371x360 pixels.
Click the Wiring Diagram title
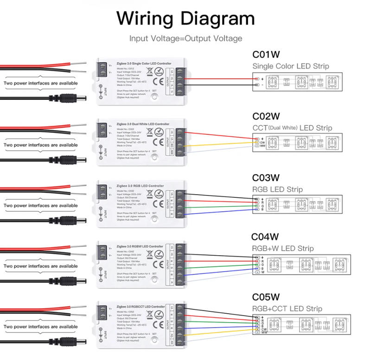[x=185, y=19]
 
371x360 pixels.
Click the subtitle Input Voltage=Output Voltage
[x=185, y=38]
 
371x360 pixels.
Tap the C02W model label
[x=266, y=116]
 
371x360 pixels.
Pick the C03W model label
[x=266, y=177]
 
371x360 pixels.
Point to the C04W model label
[x=265, y=237]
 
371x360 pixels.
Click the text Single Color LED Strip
[x=290, y=66]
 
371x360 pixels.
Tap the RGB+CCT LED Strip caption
[x=287, y=309]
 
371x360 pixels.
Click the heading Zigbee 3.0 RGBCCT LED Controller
[x=138, y=307]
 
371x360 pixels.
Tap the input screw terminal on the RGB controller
[x=101, y=191]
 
